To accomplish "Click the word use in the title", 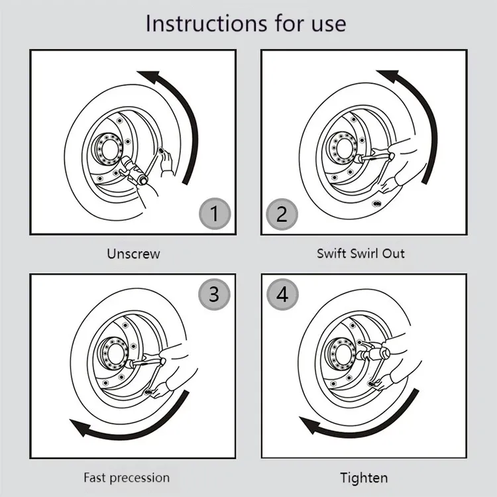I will pos(325,24).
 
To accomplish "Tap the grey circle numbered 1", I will pos(214,214).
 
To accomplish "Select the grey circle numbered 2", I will pos(282,214).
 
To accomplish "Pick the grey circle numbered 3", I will pos(214,294).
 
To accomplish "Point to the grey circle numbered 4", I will pos(282,294).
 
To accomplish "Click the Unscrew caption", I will pos(133,253).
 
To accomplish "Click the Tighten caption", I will pos(364,477).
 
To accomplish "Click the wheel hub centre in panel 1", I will pos(106,146).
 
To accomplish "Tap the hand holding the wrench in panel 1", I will pos(164,160).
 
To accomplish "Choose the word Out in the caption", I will pos(393,253).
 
